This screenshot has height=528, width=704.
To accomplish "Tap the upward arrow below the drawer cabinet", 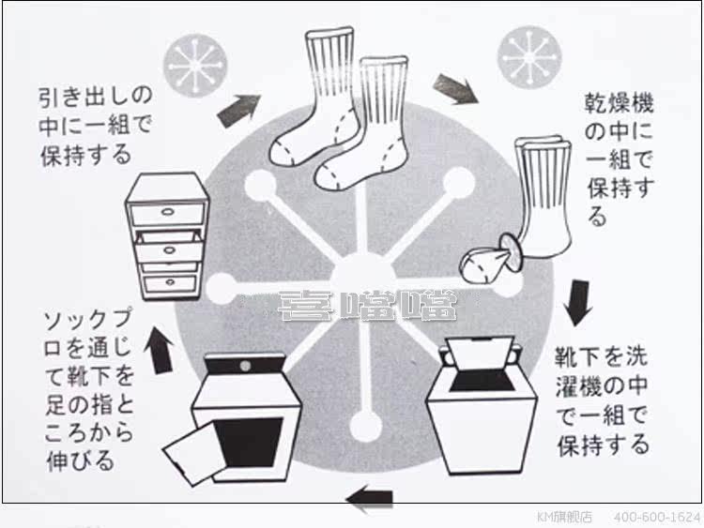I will click(161, 349).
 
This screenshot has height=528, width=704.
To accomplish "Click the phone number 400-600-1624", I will click(657, 518).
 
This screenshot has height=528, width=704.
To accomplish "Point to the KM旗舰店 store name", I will click(565, 518).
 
